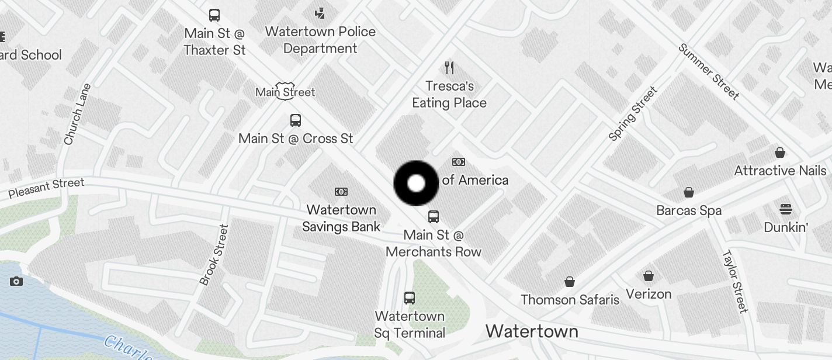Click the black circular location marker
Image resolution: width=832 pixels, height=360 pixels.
click(416, 184)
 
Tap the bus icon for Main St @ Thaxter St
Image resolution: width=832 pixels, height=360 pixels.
click(214, 15)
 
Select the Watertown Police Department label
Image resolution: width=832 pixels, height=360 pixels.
click(320, 40)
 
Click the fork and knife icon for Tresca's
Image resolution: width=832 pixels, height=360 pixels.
click(449, 68)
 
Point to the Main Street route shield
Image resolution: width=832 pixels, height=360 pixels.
click(286, 92)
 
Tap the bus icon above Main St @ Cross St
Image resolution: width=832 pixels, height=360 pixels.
click(296, 120)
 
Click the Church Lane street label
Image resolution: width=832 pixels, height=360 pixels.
click(77, 115)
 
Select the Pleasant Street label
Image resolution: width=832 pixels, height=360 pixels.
click(46, 188)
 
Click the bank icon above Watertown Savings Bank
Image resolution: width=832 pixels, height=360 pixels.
click(341, 192)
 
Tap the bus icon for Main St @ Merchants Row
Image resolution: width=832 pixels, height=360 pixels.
click(434, 217)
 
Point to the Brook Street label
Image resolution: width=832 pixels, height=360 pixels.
click(213, 255)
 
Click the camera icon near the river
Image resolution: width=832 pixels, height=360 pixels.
click(16, 282)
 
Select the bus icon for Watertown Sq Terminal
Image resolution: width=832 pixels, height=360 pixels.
click(410, 298)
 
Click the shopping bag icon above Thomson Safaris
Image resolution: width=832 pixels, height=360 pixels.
click(570, 282)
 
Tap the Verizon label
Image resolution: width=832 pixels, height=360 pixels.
click(649, 293)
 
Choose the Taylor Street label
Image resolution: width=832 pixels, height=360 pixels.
click(735, 281)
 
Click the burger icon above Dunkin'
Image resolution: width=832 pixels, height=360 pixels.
click(786, 209)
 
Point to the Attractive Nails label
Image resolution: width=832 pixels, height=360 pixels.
click(780, 171)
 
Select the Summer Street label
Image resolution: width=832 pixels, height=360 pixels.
click(709, 71)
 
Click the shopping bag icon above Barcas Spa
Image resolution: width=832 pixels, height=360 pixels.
click(689, 192)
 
